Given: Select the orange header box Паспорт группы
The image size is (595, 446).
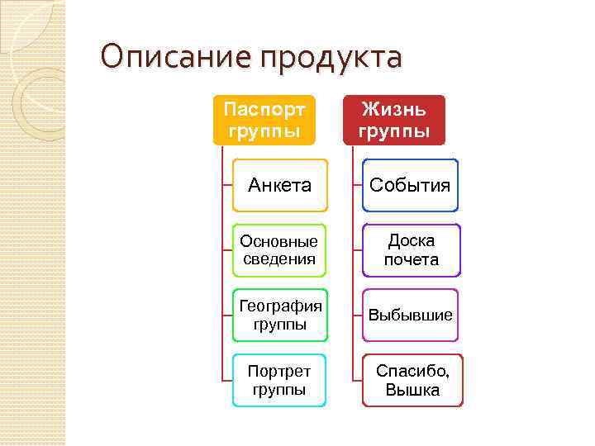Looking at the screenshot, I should (x=264, y=120).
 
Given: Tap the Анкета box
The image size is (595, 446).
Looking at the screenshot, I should (x=279, y=185).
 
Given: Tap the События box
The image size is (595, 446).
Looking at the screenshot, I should (x=410, y=185).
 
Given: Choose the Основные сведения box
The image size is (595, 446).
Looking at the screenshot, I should (x=279, y=250).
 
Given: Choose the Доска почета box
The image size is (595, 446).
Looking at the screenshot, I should (x=411, y=250).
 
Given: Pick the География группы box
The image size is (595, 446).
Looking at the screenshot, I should (x=279, y=316).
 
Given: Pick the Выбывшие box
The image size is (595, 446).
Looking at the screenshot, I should (x=410, y=316).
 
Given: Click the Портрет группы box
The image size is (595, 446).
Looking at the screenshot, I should (x=279, y=381).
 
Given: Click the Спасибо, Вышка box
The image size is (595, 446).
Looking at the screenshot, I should (x=412, y=381).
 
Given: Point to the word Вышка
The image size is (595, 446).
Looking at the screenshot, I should (x=412, y=391).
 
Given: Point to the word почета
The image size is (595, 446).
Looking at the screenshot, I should (x=411, y=260).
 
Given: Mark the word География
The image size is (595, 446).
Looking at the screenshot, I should (x=279, y=306).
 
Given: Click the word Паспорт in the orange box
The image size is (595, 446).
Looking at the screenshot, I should (x=264, y=109).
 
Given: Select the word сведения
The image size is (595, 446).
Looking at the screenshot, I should (x=279, y=259).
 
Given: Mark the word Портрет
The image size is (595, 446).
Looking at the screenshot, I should (x=279, y=372).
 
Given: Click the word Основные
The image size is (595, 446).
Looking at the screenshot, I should (x=279, y=241).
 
